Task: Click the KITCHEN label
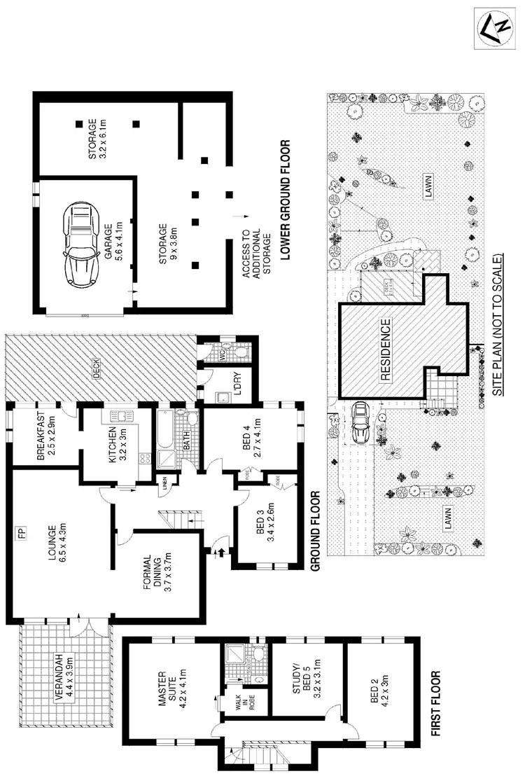[116, 448]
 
